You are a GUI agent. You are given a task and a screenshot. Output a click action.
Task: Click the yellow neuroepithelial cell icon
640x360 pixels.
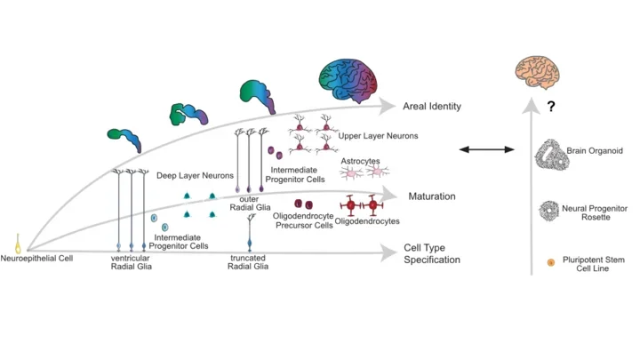coord(18,242)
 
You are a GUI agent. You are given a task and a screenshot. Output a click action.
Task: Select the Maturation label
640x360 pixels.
coord(432,195)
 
